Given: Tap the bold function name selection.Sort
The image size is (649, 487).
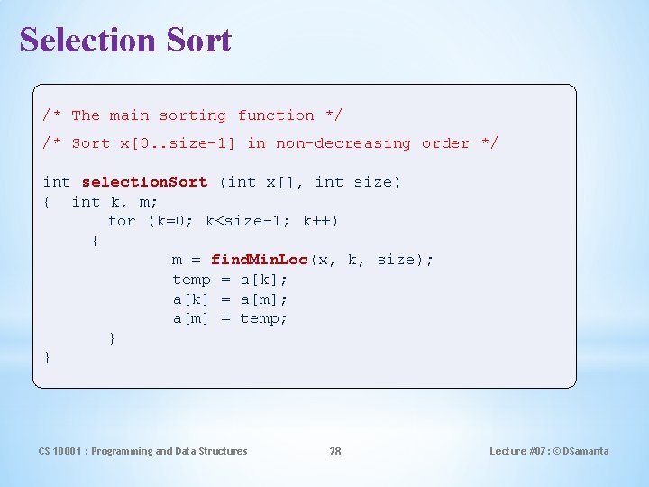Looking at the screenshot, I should coord(144,182).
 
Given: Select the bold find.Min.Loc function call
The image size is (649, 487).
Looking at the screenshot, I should coord(260,260).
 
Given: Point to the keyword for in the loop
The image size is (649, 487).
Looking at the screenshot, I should coord(122,221).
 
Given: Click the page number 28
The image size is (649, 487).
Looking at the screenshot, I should coord(334,451).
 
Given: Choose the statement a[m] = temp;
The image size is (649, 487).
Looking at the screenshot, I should coord(230,318).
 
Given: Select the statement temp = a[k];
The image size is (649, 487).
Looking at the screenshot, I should coord(230,280).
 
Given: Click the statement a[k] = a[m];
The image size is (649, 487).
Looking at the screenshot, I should coord(230,299).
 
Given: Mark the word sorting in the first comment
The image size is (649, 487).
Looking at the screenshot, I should coord(192,115).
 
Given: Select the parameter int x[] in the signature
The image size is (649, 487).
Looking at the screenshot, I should coord(268,182).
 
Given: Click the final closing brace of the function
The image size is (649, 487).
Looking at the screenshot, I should coord(48,358).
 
